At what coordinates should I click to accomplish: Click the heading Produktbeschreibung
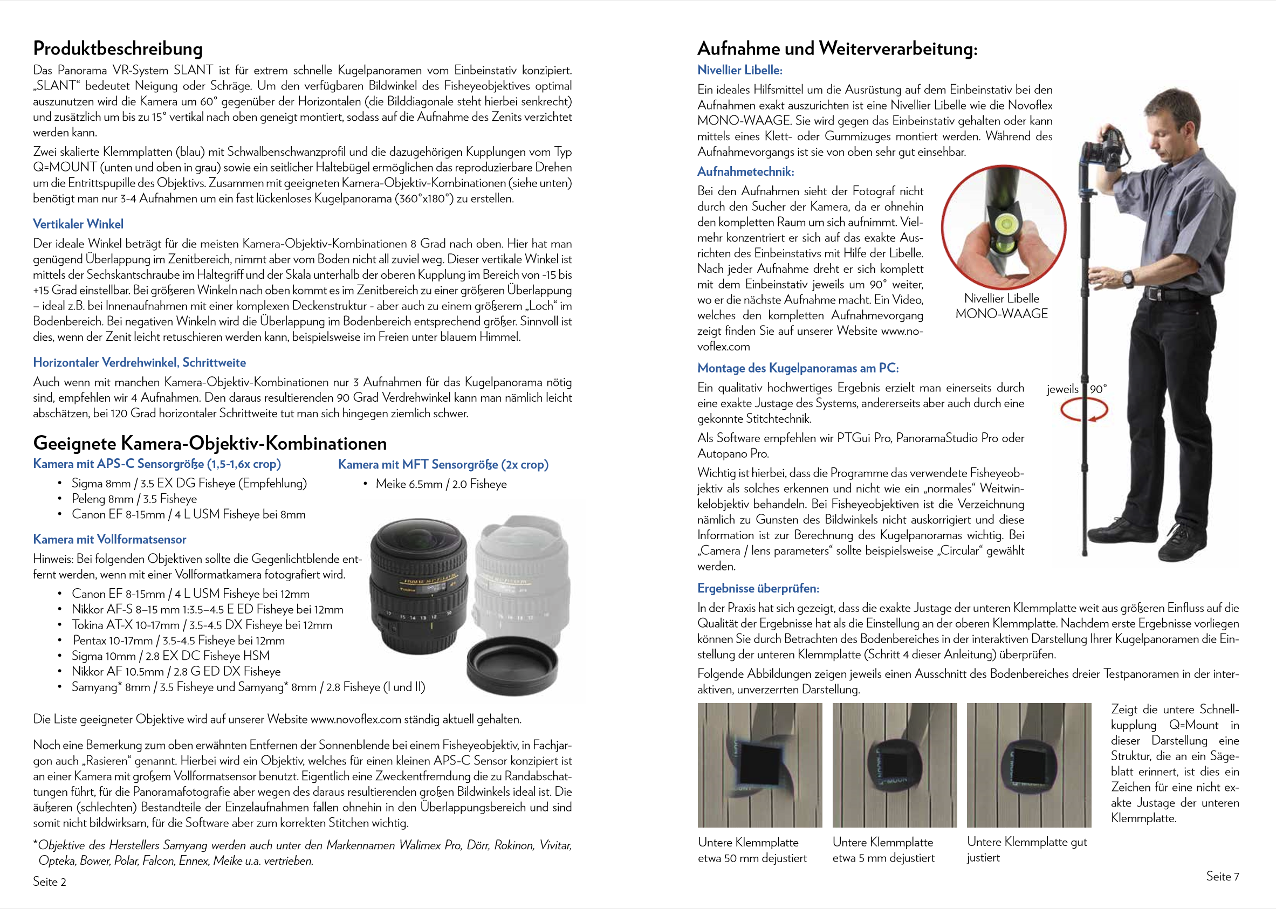click(x=118, y=49)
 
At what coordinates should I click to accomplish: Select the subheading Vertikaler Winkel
click(x=78, y=224)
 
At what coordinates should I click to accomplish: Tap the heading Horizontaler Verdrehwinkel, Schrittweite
click(x=140, y=362)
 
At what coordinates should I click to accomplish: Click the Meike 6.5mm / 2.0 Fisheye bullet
click(x=441, y=484)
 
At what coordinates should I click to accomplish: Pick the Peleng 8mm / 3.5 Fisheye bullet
click(x=134, y=499)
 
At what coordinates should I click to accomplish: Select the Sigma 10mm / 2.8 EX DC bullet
click(x=170, y=656)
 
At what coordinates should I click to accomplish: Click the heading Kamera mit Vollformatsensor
click(x=109, y=539)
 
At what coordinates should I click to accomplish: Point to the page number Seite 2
click(x=49, y=882)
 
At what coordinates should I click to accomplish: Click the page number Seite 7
click(x=1222, y=876)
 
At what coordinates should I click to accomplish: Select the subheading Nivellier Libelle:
click(x=739, y=70)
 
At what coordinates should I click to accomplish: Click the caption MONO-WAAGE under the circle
click(x=1001, y=313)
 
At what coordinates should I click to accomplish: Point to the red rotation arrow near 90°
click(x=1084, y=411)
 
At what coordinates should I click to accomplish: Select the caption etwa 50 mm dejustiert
click(x=752, y=858)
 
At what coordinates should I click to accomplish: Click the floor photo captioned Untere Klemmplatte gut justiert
click(x=1028, y=765)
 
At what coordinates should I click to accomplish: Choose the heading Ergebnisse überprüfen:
click(x=758, y=588)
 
